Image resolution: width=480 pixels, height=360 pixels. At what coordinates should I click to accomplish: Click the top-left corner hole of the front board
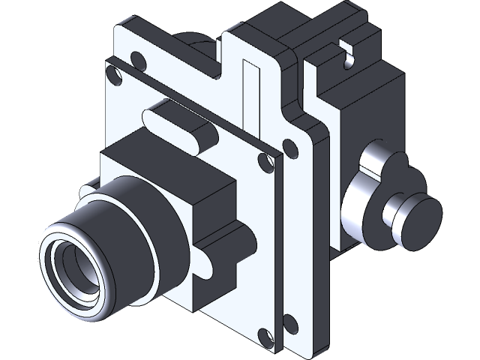pos(113,75)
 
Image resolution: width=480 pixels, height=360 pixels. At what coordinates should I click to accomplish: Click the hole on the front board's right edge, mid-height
pos(262,159)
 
